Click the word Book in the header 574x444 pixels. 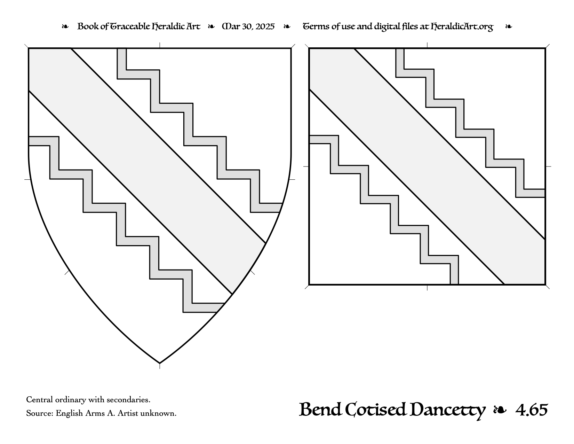coord(86,26)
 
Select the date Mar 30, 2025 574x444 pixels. coord(248,26)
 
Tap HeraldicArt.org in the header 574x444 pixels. coord(462,27)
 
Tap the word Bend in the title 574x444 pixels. coord(320,410)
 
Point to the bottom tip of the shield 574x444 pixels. coord(160,363)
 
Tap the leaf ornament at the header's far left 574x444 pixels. coord(65,26)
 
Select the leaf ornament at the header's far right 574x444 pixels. coord(509,26)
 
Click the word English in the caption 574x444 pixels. coord(69,413)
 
